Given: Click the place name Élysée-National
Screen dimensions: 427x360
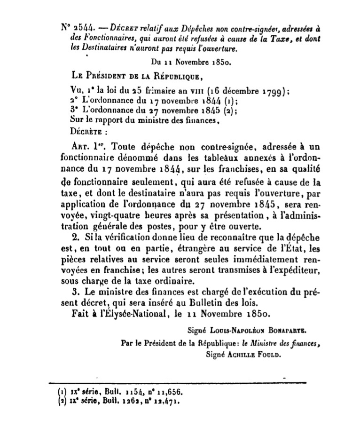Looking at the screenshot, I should click(x=137, y=313).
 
